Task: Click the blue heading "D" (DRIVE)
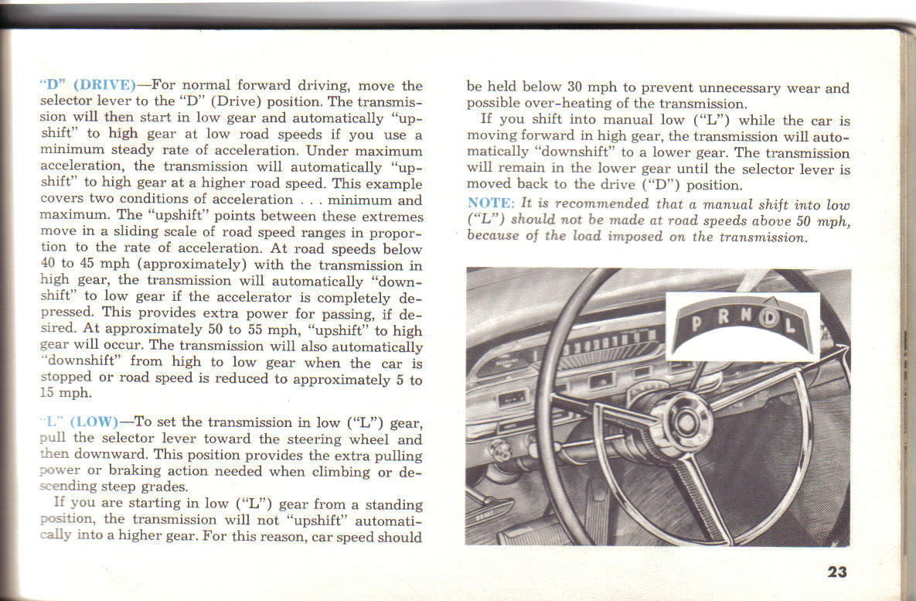[x=87, y=85]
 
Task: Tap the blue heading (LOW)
[x=94, y=422]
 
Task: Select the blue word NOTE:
[x=491, y=203]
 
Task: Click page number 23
[x=836, y=572]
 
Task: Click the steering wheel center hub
[x=683, y=422]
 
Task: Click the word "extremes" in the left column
[x=390, y=217]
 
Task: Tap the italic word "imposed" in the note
[x=639, y=237]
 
